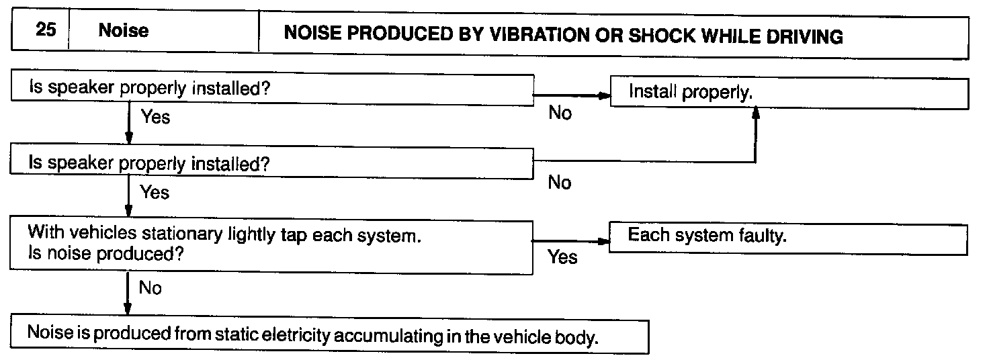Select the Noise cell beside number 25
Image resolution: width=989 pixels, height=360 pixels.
coord(124,32)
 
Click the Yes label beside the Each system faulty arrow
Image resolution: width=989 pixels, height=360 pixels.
coord(562,257)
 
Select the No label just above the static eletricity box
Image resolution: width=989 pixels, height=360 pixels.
coord(150,288)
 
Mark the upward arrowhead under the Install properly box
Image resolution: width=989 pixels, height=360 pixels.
coord(755,116)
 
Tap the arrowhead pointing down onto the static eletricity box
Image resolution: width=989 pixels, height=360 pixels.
coord(128,309)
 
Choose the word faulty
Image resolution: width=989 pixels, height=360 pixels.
coord(763,237)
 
